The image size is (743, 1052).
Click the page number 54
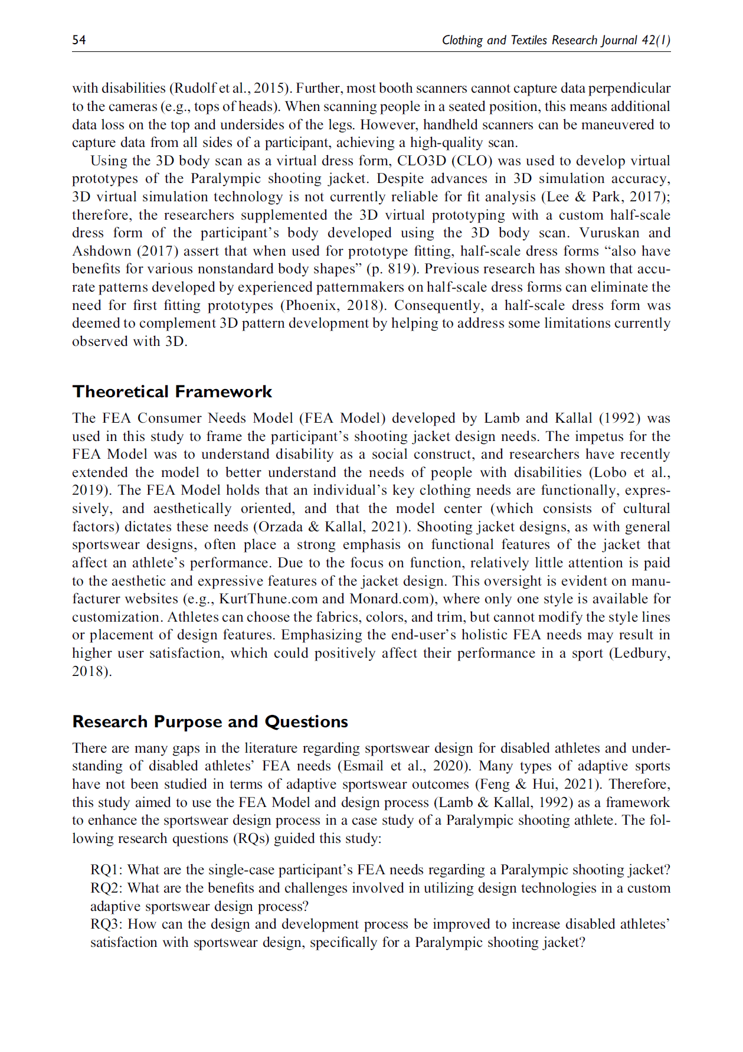79,40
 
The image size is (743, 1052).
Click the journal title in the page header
555,40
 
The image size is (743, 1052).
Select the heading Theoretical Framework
172,391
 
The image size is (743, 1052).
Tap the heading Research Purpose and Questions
210,721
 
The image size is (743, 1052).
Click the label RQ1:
107,870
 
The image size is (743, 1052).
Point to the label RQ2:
107,888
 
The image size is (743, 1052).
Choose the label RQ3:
107,924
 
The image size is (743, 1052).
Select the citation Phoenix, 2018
335,305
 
